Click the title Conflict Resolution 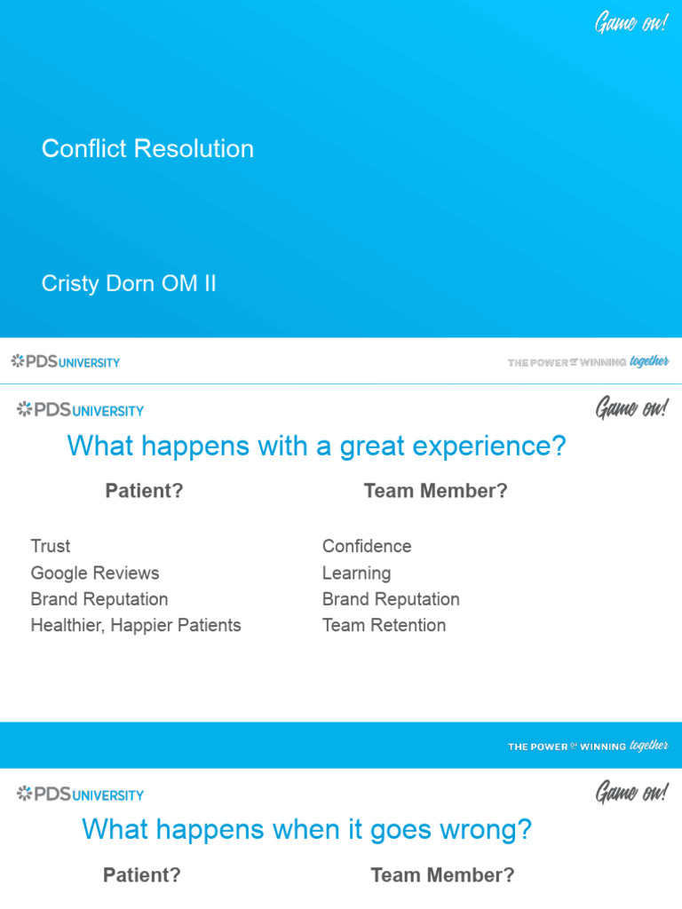click(x=147, y=148)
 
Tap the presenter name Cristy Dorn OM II click(x=129, y=284)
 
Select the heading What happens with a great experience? click(x=316, y=446)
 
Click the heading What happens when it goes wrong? click(x=306, y=830)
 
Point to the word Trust click(x=50, y=546)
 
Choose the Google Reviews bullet click(x=95, y=573)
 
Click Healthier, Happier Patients click(x=136, y=625)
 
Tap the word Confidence click(x=367, y=546)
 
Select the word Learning click(x=356, y=573)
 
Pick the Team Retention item click(x=384, y=625)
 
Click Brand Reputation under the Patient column click(x=99, y=599)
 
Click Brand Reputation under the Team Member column click(x=391, y=599)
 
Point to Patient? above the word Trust click(x=144, y=491)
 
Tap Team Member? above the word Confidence click(x=435, y=491)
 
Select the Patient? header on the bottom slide click(x=142, y=875)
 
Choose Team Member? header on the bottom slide click(x=442, y=875)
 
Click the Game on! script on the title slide click(x=630, y=22)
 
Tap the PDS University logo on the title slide click(x=66, y=361)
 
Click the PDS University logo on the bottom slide click(x=80, y=794)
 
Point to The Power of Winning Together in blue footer click(x=588, y=747)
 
